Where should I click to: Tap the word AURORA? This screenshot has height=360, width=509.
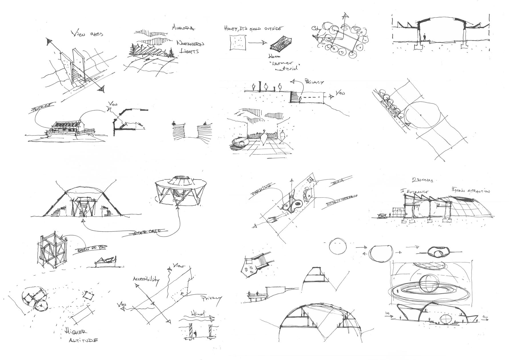183,28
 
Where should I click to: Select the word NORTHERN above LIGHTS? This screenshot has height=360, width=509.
191,44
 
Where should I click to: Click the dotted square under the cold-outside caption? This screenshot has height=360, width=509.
238,42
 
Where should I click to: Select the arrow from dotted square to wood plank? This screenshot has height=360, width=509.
257,43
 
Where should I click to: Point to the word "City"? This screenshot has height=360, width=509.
315,29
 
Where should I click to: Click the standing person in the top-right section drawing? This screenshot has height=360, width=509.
425,37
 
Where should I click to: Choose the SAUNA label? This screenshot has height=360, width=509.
338,181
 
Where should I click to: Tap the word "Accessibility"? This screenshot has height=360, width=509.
145,279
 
